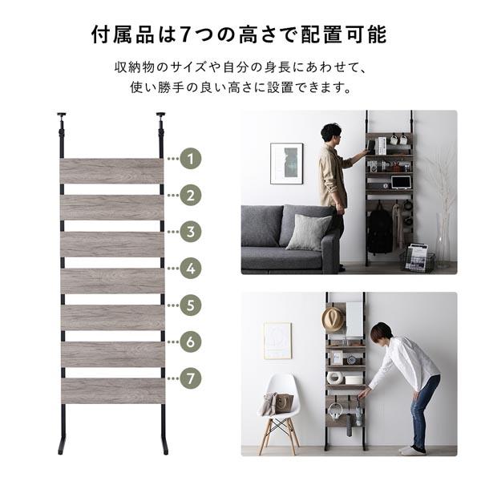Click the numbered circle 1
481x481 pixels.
(190, 159)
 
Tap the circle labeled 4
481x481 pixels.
(190, 269)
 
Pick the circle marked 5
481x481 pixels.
(190, 305)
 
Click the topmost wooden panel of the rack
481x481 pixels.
(111, 171)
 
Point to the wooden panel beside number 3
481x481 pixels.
(111, 244)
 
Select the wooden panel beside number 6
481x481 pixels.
(111, 354)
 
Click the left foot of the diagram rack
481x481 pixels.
(62, 445)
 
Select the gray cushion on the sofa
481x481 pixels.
(308, 232)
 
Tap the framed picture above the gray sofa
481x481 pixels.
(286, 164)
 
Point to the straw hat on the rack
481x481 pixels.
(333, 318)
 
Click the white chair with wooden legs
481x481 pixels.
(281, 413)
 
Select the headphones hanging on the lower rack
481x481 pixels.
(335, 410)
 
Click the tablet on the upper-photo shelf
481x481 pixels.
(400, 183)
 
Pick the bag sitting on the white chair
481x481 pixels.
(283, 402)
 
